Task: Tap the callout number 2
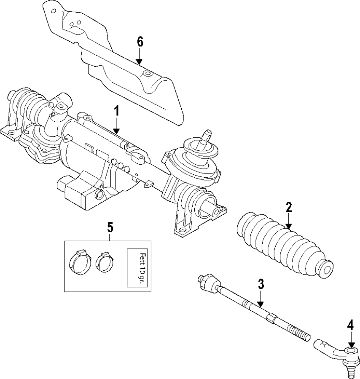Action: pyautogui.click(x=288, y=207)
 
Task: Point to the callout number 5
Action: pyautogui.click(x=110, y=228)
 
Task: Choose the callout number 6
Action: pyautogui.click(x=140, y=42)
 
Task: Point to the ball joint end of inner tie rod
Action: pyautogui.click(x=207, y=282)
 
